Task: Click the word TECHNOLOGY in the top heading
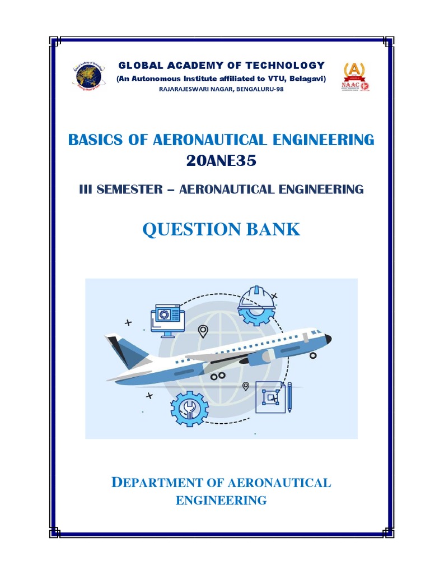tap(291, 66)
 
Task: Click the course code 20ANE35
tap(221, 161)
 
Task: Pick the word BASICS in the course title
tap(92, 140)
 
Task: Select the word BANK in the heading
tap(274, 229)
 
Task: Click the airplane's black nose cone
tap(328, 339)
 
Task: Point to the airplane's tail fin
tap(125, 351)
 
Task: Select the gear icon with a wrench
tap(189, 409)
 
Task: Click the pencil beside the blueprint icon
tap(289, 396)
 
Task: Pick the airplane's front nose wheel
tap(313, 355)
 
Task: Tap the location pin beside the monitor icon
tap(203, 332)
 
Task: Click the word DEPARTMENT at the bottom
tap(152, 483)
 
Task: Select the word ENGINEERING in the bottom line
tap(221, 500)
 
